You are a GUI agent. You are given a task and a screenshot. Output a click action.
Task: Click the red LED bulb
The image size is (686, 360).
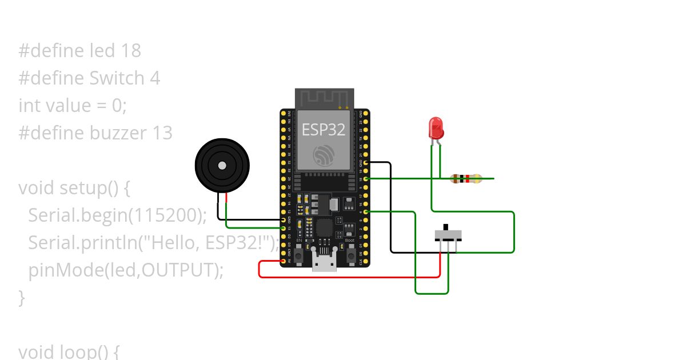[436, 128]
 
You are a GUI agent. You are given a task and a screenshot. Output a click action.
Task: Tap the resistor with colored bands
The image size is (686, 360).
[466, 179]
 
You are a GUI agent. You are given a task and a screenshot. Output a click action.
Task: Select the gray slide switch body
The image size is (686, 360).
[448, 235]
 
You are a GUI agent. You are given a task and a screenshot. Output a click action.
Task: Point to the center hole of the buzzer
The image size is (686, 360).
[222, 166]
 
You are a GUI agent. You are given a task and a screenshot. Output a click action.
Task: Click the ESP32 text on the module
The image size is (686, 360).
[324, 130]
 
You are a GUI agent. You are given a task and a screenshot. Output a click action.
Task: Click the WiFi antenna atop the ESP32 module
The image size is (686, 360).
[324, 98]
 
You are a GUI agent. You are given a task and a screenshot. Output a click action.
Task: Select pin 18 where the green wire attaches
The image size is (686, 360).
[365, 179]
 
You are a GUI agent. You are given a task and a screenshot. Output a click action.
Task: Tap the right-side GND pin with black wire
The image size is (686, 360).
[365, 163]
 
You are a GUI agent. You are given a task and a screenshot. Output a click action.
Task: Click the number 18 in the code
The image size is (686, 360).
[131, 51]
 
